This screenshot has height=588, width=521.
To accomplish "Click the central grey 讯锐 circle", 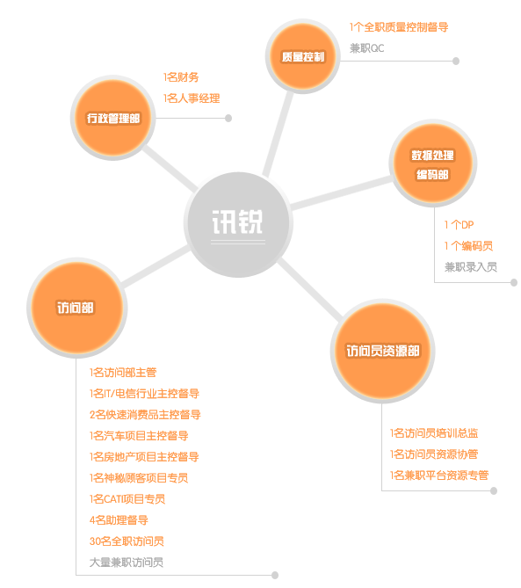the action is pyautogui.click(x=238, y=224).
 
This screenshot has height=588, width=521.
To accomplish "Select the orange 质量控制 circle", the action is pyautogui.click(x=303, y=56).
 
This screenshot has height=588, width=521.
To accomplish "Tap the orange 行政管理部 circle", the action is pyautogui.click(x=113, y=118).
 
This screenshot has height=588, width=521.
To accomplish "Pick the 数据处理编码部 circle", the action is pyautogui.click(x=433, y=163).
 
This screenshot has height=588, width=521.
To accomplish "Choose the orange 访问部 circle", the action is pyautogui.click(x=76, y=308).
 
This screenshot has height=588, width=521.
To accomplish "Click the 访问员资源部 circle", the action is pyautogui.click(x=383, y=351).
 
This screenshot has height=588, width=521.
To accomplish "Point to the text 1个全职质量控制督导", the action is pyautogui.click(x=399, y=27).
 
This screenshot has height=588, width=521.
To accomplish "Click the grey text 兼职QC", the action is pyautogui.click(x=367, y=48).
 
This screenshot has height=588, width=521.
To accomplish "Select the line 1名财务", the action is pyautogui.click(x=181, y=77).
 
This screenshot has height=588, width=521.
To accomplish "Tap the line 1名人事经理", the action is pyautogui.click(x=192, y=98).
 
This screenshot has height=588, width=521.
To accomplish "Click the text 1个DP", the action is pyautogui.click(x=459, y=225).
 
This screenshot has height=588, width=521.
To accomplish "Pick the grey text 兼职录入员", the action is pyautogui.click(x=471, y=267).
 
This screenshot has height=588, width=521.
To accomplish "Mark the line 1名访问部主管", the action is pyautogui.click(x=123, y=373).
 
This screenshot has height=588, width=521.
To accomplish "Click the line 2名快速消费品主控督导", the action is pyautogui.click(x=145, y=415).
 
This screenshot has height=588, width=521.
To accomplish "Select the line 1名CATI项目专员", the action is pyautogui.click(x=127, y=499).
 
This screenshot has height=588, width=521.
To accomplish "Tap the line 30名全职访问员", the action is pyautogui.click(x=127, y=541).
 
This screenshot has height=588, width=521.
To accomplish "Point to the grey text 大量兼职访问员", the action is pyautogui.click(x=127, y=563).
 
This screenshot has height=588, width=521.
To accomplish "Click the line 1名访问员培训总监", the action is pyautogui.click(x=434, y=433).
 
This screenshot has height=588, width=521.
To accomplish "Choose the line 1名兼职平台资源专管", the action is pyautogui.click(x=439, y=475).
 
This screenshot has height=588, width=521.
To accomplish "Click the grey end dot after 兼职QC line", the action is pyautogui.click(x=456, y=62).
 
